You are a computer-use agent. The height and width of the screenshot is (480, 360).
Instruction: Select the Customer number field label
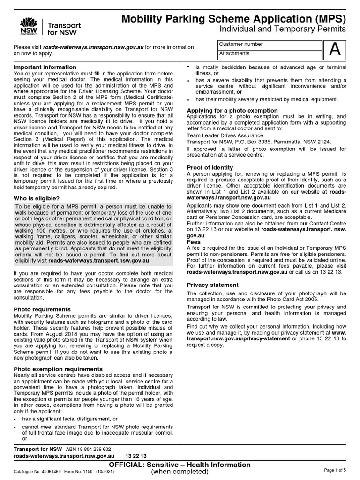click(241, 44)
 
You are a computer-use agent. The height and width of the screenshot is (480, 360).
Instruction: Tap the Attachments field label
click(234, 53)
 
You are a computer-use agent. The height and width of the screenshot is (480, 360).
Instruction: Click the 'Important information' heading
click(39, 67)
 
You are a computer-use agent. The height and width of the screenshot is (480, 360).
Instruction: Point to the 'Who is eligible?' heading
click(37, 198)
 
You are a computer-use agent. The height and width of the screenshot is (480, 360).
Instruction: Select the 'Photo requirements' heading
click(42, 309)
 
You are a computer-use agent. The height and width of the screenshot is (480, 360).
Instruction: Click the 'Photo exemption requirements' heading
click(58, 369)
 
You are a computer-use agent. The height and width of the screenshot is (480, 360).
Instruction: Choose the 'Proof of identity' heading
click(210, 167)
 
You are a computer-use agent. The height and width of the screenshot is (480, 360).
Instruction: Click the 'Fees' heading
click(194, 242)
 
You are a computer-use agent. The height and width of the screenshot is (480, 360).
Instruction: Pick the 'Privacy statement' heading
click(212, 285)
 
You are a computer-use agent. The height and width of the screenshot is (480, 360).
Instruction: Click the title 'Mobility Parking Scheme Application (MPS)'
click(233, 19)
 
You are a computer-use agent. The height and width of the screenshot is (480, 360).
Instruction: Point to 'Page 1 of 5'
click(335, 470)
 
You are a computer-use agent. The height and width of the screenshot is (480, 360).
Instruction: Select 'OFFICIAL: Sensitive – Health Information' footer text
click(180, 465)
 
